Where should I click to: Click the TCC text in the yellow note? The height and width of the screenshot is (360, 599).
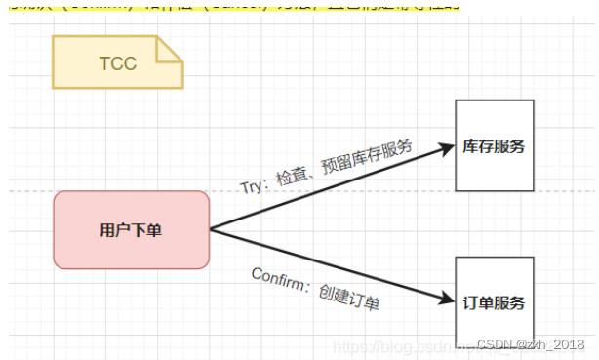tap(117, 63)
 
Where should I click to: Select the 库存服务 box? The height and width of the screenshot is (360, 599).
tap(495, 146)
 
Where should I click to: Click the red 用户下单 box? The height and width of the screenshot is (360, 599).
tap(131, 230)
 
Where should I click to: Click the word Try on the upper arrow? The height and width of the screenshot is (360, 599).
tap(253, 185)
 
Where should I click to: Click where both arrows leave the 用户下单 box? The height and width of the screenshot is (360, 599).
tap(211, 230)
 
